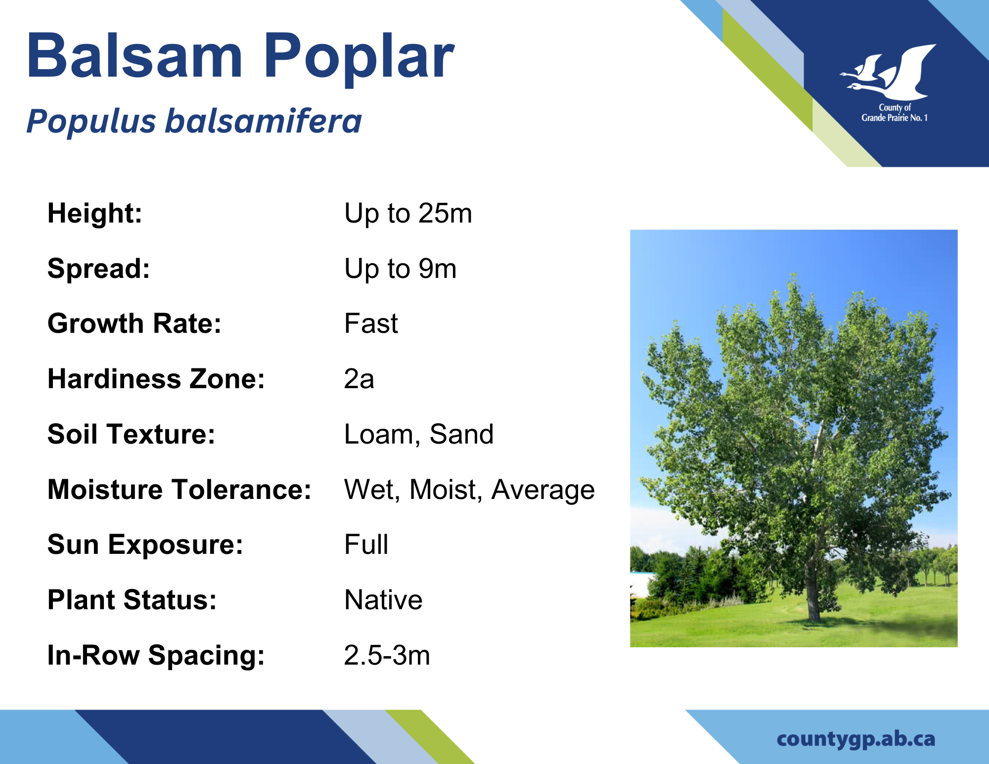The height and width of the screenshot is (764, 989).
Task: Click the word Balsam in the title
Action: [x=135, y=55]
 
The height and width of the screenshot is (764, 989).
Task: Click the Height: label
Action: [x=95, y=213]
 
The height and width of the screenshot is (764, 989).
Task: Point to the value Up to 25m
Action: [x=408, y=213]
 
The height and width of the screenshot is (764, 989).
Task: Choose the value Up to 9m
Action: [x=400, y=269]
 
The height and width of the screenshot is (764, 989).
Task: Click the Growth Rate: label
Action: [x=135, y=323]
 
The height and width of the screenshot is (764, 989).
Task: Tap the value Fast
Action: [x=371, y=323]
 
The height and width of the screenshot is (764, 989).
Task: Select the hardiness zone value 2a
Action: [x=359, y=379]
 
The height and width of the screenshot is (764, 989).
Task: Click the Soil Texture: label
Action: [x=132, y=434]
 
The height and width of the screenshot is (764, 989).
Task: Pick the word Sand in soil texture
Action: [x=461, y=434]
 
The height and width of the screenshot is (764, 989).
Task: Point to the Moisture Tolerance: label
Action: [x=180, y=490]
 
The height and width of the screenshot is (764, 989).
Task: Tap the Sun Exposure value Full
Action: [x=366, y=544]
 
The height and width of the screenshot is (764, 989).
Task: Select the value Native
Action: [x=383, y=600]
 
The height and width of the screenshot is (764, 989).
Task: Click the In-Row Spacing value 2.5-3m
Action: [x=387, y=655]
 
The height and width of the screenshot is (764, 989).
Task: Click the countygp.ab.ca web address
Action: [x=856, y=739]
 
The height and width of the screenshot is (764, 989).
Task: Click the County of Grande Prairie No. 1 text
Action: [x=895, y=113]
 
